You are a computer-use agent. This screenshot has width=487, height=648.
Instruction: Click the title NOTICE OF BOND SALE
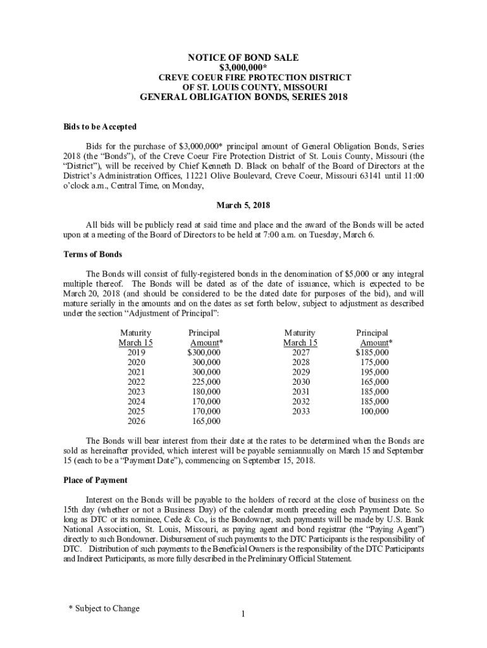(243, 57)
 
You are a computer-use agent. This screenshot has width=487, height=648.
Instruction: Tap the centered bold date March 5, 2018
(243, 206)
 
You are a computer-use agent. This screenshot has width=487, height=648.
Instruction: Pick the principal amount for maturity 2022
(206, 382)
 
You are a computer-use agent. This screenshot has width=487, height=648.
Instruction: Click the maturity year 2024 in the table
(136, 401)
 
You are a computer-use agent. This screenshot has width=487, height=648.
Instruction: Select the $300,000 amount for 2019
(204, 352)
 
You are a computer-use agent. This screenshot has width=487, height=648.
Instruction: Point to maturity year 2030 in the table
(301, 382)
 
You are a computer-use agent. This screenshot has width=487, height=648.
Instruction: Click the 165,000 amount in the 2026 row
(206, 421)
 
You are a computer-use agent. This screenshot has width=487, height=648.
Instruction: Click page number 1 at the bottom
(243, 614)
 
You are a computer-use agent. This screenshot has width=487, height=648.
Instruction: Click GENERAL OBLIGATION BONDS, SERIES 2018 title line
(243, 97)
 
